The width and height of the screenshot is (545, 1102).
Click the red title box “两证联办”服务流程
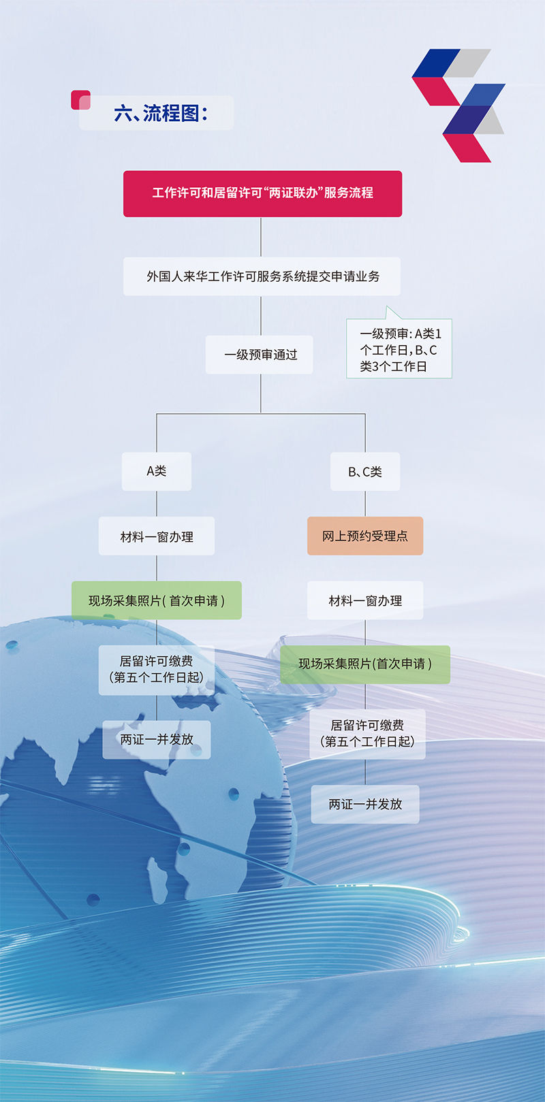tap(262, 193)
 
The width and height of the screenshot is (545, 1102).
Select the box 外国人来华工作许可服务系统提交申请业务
tap(262, 276)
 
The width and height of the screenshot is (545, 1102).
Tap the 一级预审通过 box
tap(260, 355)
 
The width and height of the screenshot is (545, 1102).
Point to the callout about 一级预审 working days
tap(399, 349)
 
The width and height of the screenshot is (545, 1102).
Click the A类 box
tap(157, 471)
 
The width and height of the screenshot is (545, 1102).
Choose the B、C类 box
tap(365, 471)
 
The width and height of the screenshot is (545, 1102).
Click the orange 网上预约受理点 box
tap(365, 536)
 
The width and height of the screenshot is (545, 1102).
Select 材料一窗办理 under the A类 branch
tap(157, 536)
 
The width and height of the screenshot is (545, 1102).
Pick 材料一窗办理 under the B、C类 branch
tap(365, 600)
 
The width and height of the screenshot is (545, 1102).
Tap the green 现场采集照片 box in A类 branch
tap(157, 600)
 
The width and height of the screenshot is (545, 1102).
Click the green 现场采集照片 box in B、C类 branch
tap(365, 664)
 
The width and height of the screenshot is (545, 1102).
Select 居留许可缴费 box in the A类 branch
tap(157, 670)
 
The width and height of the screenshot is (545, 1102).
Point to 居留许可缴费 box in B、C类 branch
tap(367, 734)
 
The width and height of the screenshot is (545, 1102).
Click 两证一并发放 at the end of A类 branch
tap(157, 739)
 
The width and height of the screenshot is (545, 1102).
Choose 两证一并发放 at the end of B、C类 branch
tap(365, 804)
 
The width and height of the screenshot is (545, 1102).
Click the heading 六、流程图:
tap(161, 113)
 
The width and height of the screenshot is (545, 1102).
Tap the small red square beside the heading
tap(80, 100)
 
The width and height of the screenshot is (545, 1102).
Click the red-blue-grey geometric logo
tap(459, 105)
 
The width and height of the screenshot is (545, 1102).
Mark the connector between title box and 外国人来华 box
tap(261, 237)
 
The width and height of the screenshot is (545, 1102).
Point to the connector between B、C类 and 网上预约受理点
tap(365, 504)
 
